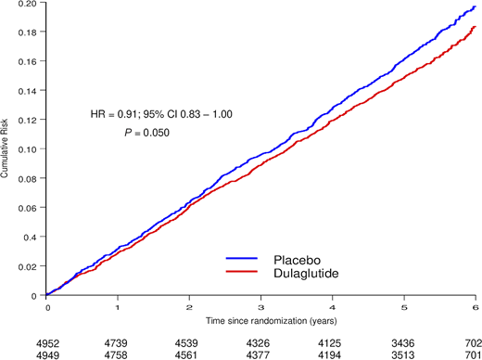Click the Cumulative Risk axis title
6,148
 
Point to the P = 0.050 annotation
149,133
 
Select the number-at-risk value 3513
404,354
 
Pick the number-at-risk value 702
472,342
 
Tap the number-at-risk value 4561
189,354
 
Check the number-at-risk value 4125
333,342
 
